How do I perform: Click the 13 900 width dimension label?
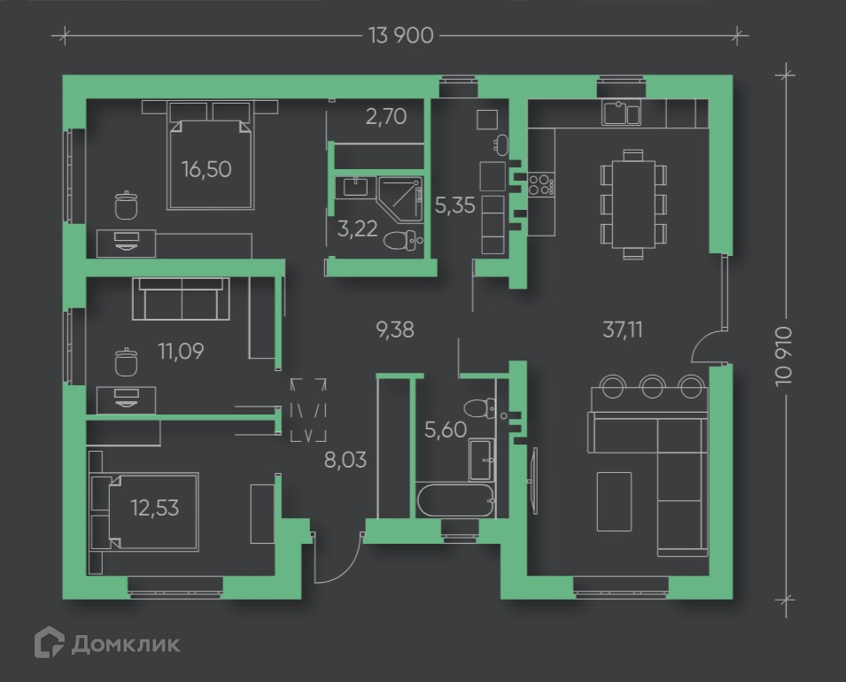(400, 35)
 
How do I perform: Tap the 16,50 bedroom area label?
(206, 168)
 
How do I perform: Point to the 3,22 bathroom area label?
(357, 229)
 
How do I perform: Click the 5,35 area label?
(455, 205)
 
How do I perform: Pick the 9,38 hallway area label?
(395, 329)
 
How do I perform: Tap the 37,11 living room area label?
(623, 330)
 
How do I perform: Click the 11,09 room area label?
(181, 352)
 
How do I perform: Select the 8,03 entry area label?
(345, 460)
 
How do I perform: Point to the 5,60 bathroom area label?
(444, 431)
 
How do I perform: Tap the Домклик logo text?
(125, 643)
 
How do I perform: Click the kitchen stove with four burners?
(541, 184)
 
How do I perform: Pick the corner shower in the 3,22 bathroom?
(399, 199)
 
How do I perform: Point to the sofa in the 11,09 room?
(182, 298)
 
